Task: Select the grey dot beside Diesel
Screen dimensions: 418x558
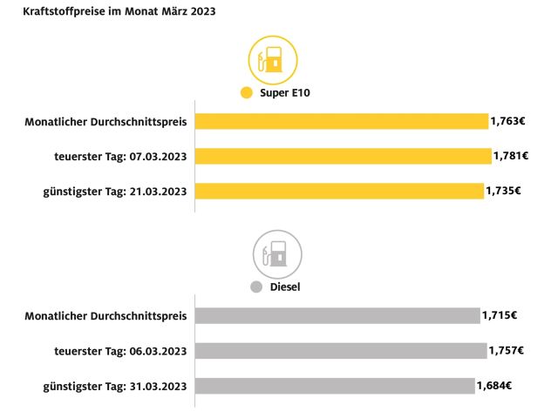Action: coord(256,287)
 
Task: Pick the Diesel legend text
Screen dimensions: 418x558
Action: coord(286,287)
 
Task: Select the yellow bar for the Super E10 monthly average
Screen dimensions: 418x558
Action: coord(341,121)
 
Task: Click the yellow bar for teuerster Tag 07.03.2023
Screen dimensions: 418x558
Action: coord(343,156)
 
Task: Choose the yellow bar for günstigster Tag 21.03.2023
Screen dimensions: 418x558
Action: coord(339,191)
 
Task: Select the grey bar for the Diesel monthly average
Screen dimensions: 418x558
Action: coord(337,315)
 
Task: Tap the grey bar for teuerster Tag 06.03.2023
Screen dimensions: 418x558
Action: coord(340,350)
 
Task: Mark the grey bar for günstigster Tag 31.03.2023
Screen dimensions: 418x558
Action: coord(335,385)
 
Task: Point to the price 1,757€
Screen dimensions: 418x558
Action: coord(506,350)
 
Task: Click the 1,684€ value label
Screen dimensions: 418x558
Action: coord(494,385)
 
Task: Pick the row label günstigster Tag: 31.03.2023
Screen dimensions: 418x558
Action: coord(116,385)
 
